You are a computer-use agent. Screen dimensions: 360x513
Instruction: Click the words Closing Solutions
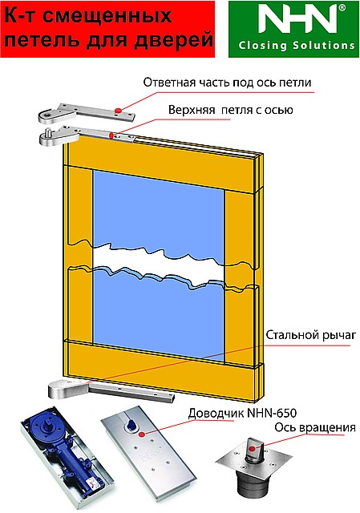coord(297,45)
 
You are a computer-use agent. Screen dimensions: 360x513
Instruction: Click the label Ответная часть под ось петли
coord(227,83)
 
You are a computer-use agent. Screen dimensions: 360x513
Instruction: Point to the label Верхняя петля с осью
coord(231,110)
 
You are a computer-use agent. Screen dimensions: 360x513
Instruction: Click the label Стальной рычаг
coord(310,335)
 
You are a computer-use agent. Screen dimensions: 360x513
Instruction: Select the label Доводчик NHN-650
coord(242,413)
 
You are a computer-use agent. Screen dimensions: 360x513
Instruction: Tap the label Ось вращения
coord(315,427)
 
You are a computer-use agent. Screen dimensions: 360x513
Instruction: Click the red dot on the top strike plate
coord(118,111)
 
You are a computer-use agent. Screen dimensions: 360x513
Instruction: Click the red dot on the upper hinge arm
coord(111,135)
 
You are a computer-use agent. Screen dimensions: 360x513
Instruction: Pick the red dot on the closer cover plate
coord(141,434)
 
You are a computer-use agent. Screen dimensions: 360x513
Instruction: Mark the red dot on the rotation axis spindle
coord(252,448)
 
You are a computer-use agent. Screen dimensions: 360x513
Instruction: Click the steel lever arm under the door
coord(111,390)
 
